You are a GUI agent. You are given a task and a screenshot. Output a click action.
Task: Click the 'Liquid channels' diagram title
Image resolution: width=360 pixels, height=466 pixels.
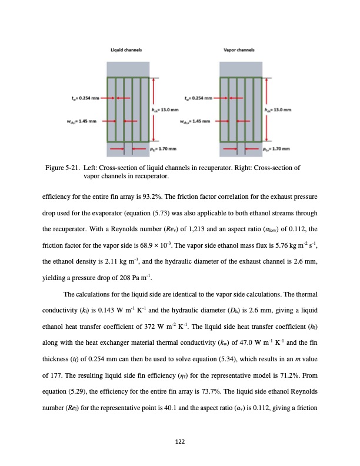click(x=126, y=51)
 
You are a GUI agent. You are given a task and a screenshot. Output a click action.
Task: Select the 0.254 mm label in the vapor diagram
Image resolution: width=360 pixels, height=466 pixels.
click(x=196, y=98)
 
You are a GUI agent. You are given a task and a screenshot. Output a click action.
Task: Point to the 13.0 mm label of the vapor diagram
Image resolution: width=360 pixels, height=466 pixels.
click(x=279, y=109)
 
